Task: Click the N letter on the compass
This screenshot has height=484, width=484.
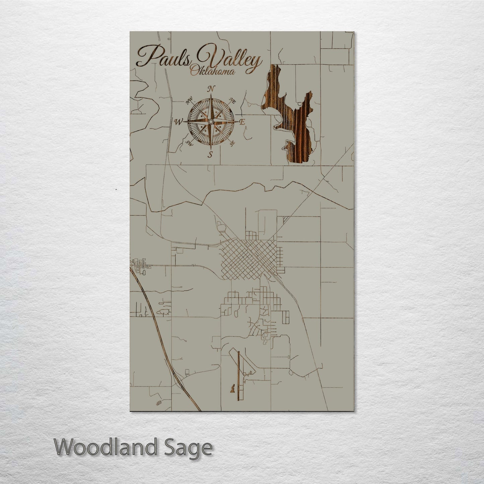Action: pos(211,89)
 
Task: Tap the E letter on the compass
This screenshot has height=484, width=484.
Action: pos(243,123)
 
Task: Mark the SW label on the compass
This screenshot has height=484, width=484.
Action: pos(190,144)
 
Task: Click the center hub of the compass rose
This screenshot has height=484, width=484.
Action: pos(211,121)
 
